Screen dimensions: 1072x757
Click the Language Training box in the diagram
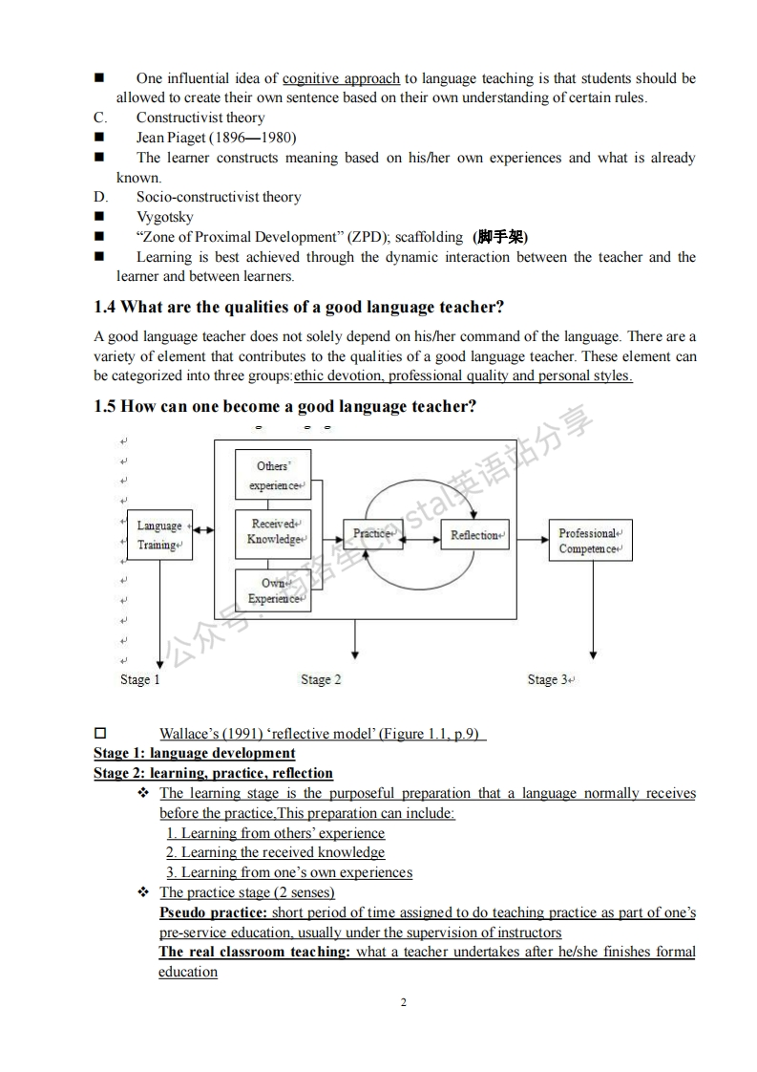pos(158,535)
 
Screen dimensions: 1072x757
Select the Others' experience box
pos(273,475)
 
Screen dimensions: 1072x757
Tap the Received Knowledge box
pos(273,532)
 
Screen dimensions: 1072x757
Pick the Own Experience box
pos(273,590)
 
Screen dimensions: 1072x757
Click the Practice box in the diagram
pos(372,534)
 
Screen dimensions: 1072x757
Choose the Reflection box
pos(475,535)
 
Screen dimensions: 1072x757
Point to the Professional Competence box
pos(590,541)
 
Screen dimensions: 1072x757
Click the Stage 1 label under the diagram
pos(140,679)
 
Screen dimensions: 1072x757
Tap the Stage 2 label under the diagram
pos(321,679)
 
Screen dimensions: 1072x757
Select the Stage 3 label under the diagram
pos(549,679)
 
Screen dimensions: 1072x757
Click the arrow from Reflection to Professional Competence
pos(528,535)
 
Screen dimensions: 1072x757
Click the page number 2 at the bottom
pos(404,1002)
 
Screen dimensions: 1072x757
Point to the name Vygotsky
pos(164,217)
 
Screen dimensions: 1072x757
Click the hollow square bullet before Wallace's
pos(99,734)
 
